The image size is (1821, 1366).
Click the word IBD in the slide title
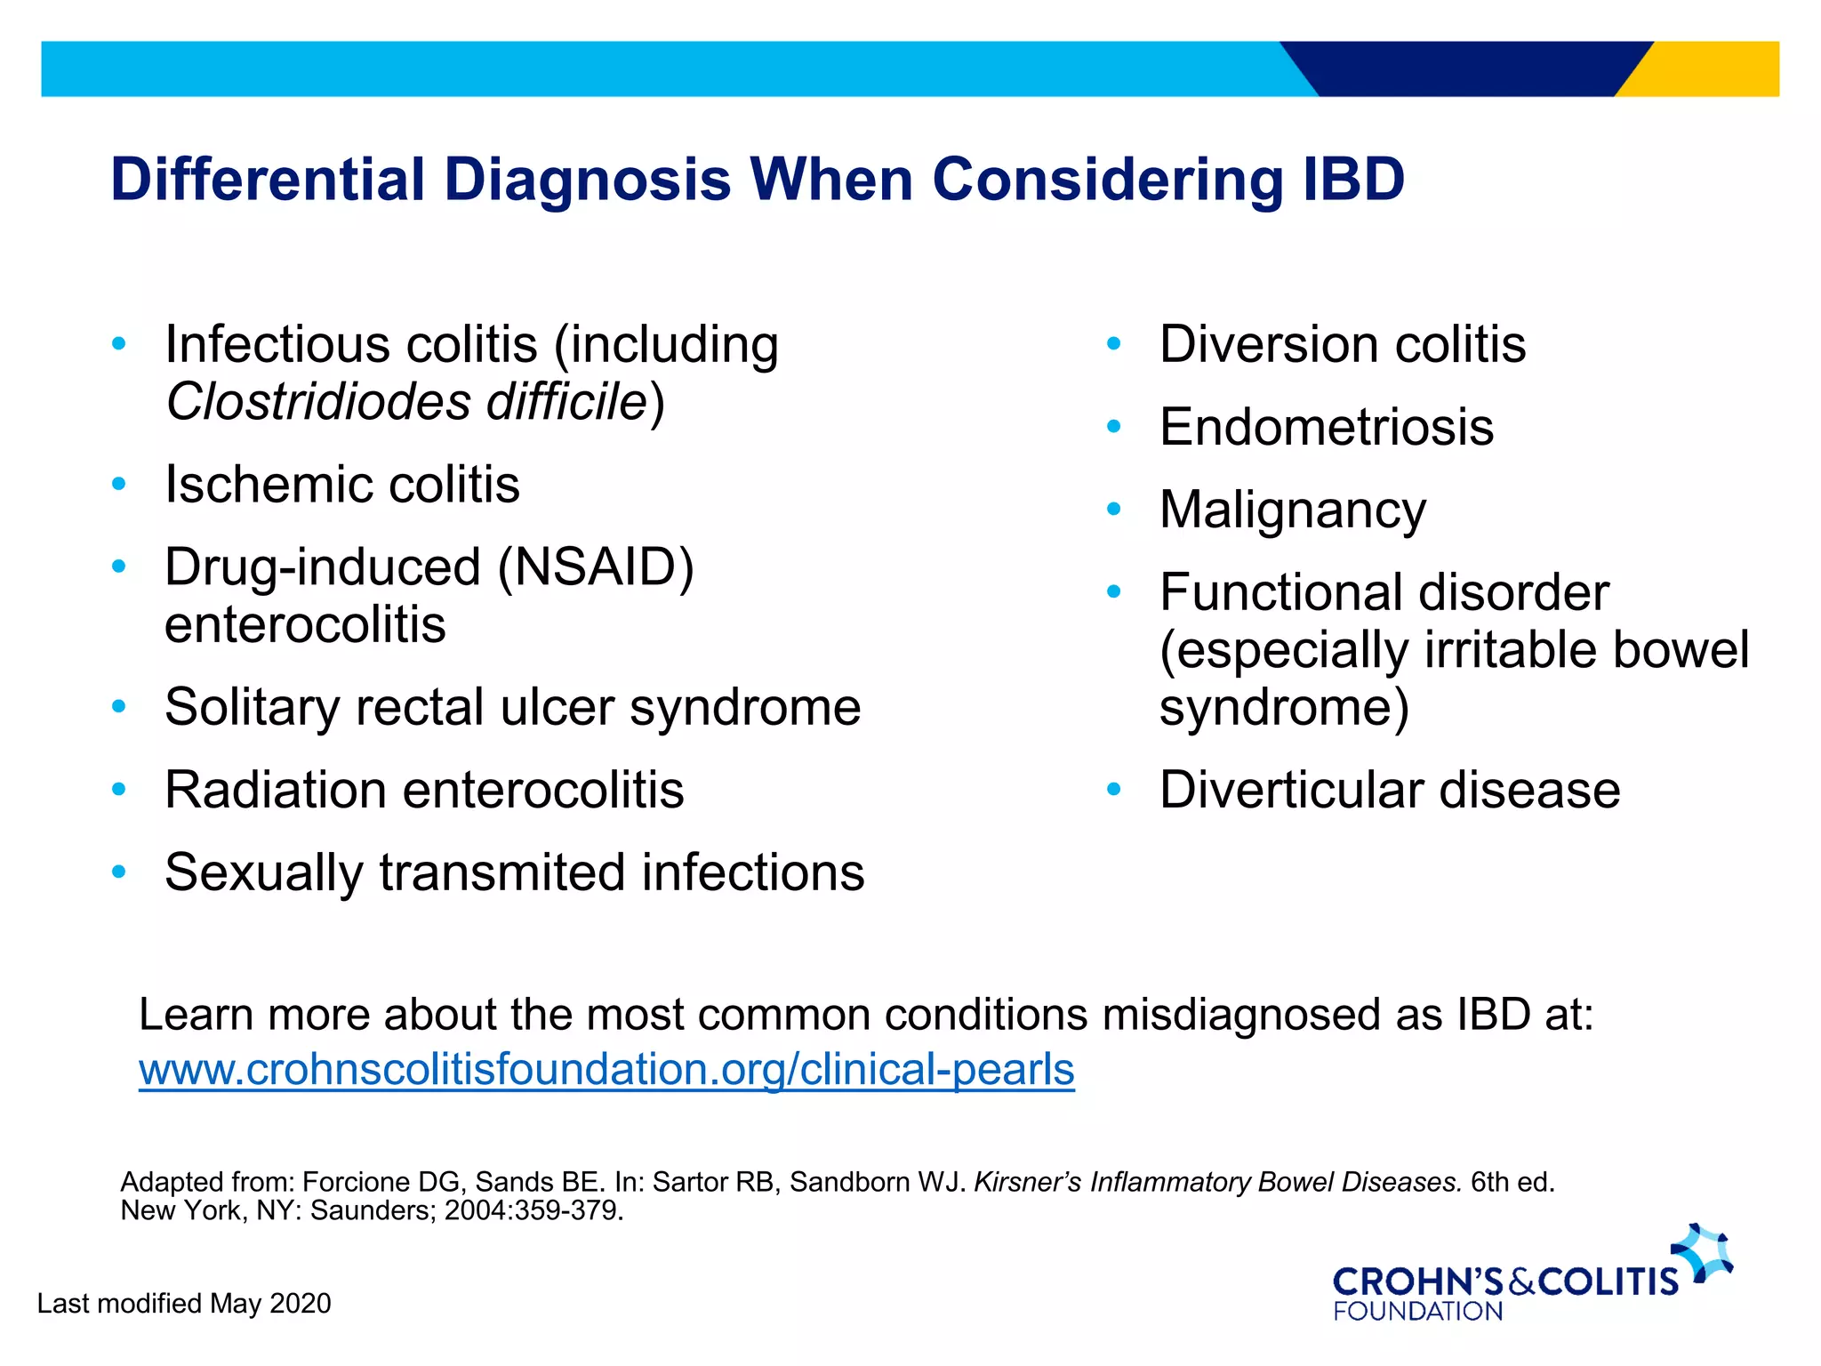coord(1353,180)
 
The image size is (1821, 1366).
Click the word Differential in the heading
coord(268,180)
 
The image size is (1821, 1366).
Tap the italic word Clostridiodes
coord(318,402)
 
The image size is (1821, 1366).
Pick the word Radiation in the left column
coord(275,790)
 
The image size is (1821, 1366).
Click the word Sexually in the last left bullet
coord(264,872)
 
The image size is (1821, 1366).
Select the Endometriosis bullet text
coord(1327,427)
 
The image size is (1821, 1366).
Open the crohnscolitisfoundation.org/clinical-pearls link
coord(606,1070)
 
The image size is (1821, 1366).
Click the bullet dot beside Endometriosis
coord(1113,427)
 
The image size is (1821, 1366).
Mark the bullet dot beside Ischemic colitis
coord(119,485)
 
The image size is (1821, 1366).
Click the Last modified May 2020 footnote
coord(184,1304)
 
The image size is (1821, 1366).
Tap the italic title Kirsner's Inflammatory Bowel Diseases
coord(1217,1183)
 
